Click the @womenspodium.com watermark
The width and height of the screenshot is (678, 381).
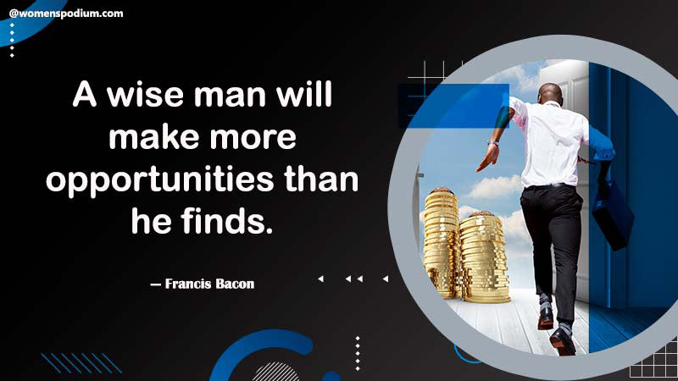tap(66, 14)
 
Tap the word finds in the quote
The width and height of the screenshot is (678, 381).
tap(227, 220)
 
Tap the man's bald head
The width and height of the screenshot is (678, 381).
tap(551, 92)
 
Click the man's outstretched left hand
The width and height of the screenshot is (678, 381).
tap(487, 157)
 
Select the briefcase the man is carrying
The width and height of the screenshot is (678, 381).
tap(612, 216)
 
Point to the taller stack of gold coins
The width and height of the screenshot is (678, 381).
tap(441, 243)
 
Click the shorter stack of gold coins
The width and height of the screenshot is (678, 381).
tap(483, 257)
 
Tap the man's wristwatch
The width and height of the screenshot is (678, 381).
tap(493, 143)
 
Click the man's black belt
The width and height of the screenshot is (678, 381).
tap(548, 186)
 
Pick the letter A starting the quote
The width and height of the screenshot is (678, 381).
tap(84, 95)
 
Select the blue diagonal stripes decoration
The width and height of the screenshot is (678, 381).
tap(81, 363)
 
